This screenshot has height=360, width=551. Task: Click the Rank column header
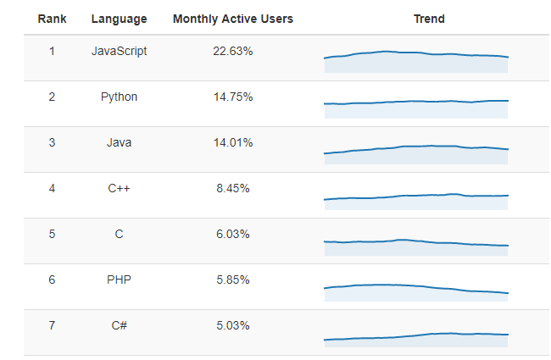52,19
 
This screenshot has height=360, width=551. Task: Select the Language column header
120,19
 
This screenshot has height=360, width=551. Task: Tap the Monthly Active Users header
233,19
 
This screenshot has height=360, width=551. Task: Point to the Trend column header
429,19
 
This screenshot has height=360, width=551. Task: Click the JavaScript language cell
120,52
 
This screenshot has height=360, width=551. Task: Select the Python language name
120,97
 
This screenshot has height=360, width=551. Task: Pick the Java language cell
120,142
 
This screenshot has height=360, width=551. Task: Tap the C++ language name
120,188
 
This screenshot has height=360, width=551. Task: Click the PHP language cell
120,280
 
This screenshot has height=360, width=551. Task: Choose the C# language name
120,325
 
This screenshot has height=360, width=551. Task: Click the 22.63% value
233,52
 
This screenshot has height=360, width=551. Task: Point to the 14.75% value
233,97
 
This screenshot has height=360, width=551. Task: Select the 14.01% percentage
233,142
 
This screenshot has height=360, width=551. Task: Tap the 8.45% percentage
233,188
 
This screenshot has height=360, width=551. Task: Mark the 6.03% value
233,234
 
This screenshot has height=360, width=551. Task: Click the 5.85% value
233,280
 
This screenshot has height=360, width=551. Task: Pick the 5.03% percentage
233,325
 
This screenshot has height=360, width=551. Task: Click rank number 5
52,234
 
